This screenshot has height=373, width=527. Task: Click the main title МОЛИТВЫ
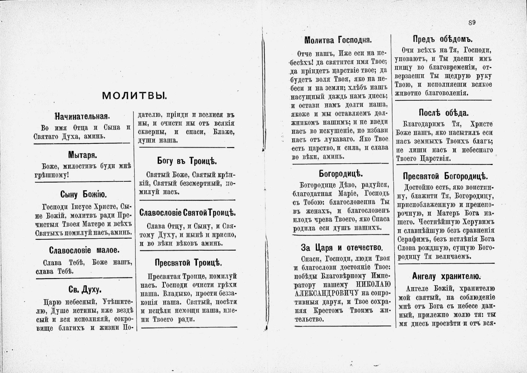coord(134,96)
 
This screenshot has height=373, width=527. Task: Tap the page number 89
coord(472,22)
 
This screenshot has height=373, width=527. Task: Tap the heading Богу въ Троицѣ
coord(187,161)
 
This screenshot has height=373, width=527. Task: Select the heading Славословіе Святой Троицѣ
coord(188,213)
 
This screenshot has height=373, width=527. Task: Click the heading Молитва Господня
coord(338,40)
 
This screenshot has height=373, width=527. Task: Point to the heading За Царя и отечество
coord(342,247)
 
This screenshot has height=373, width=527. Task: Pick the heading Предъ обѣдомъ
coord(443,39)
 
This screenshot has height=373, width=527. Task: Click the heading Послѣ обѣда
coord(443,113)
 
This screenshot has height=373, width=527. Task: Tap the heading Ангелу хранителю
coord(446,276)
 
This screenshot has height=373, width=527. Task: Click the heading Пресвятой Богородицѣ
coord(445,176)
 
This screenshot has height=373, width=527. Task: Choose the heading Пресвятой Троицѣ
coord(188,263)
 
